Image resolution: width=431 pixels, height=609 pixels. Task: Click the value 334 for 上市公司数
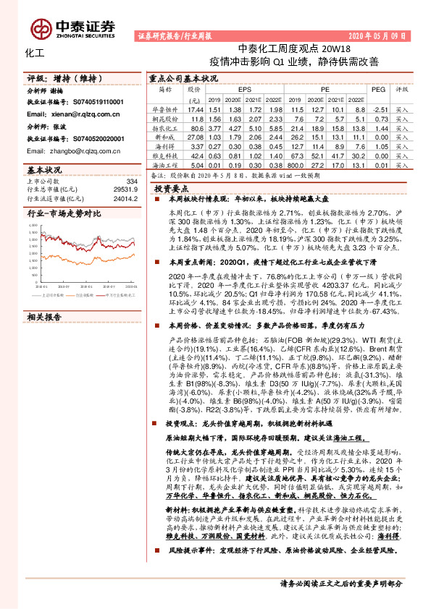coord(131,181)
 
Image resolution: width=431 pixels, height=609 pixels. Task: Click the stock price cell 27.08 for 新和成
coord(194,135)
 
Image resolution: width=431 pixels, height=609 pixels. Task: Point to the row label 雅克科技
coord(166,154)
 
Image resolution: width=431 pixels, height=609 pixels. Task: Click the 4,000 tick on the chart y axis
coord(34,225)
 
